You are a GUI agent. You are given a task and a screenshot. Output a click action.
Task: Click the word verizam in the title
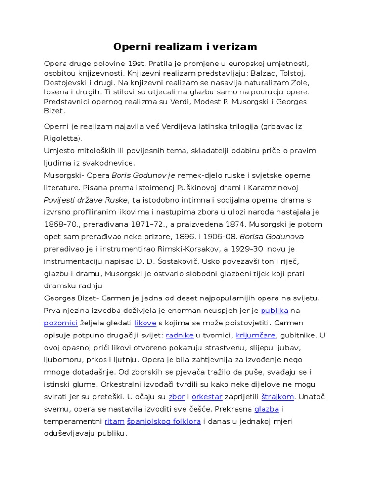point(236,47)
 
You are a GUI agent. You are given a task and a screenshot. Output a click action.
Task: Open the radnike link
point(180,335)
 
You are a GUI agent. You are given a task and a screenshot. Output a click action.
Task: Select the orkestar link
point(207,397)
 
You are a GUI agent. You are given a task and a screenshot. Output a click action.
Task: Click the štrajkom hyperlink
point(277,397)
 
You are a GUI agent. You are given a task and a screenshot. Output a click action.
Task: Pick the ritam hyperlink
point(114,421)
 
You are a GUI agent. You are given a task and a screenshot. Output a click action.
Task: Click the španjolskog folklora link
point(164,421)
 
